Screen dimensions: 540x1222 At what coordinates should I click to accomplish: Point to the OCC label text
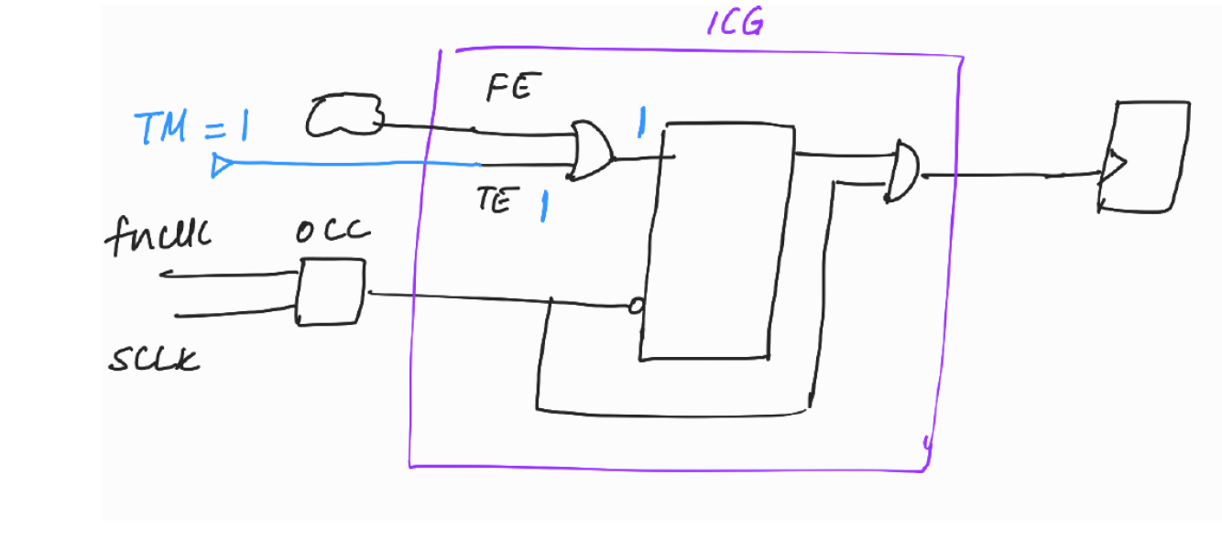click(x=333, y=232)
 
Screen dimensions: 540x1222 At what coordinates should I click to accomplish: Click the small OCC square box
click(x=330, y=291)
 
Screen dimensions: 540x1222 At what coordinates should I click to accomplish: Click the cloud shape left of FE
click(x=344, y=117)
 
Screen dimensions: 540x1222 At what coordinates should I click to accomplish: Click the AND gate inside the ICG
click(x=904, y=170)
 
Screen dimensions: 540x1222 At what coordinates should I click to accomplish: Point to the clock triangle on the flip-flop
click(x=1113, y=168)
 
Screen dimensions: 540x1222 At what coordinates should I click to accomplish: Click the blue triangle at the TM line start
click(x=221, y=166)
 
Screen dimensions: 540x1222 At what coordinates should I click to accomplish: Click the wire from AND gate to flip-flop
click(x=1008, y=175)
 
